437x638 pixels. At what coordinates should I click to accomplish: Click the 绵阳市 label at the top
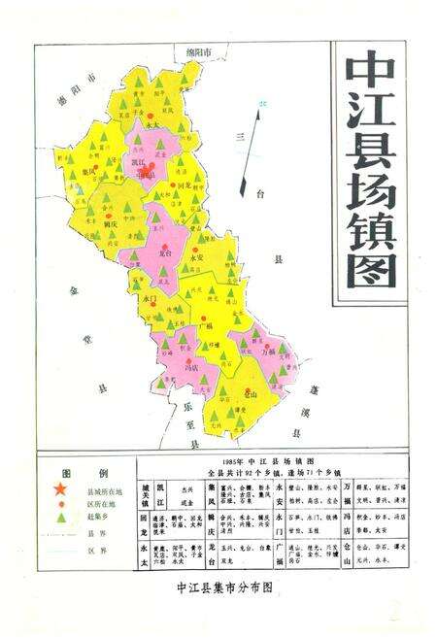(x=199, y=51)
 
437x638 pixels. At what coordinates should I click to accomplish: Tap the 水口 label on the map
(x=150, y=300)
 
